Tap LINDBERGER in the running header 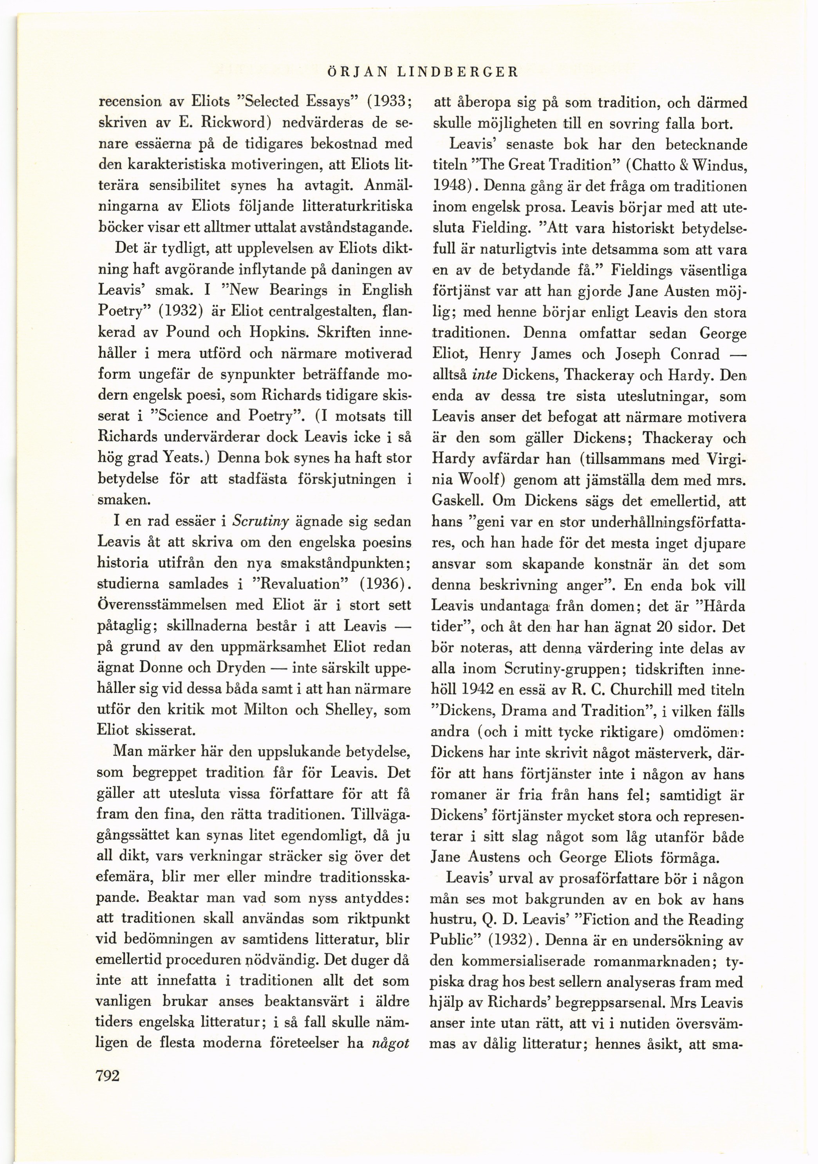tap(457, 72)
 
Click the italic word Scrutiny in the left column tap(260, 521)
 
